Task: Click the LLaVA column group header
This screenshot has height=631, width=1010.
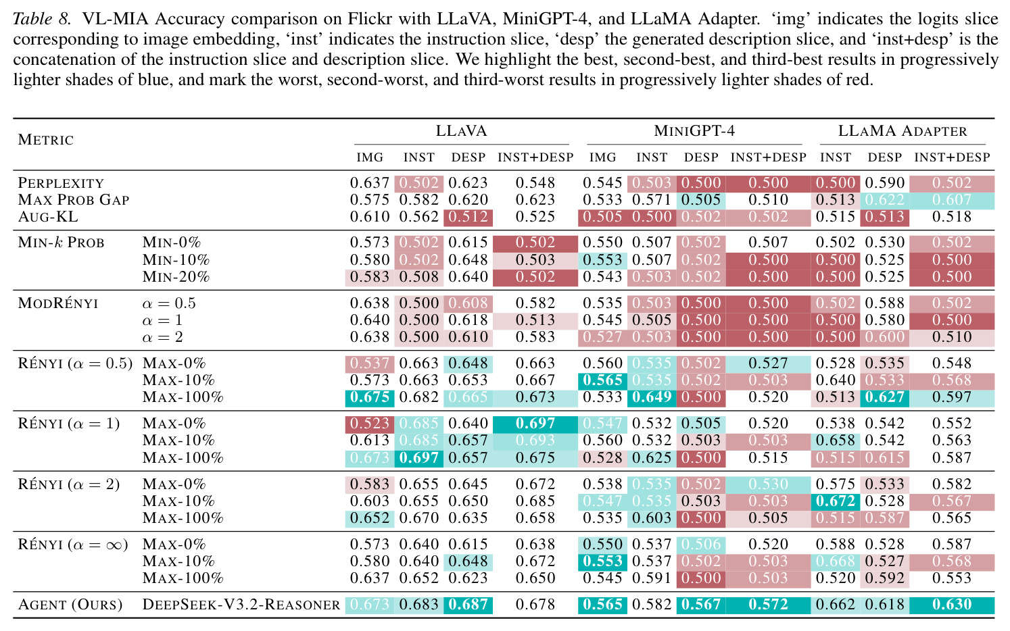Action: [461, 131]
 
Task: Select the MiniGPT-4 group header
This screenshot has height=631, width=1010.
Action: [694, 131]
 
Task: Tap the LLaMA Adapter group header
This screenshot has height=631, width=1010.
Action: [903, 131]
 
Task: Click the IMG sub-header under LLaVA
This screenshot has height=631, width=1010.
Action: [370, 157]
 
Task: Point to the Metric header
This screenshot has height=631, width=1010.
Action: [45, 140]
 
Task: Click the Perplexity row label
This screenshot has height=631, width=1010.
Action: [61, 183]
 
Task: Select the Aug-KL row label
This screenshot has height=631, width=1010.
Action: [48, 217]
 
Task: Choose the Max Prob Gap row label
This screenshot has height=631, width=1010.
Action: [74, 200]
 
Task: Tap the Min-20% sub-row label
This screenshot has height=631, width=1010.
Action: [176, 277]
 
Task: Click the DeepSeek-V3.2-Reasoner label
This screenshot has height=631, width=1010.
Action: [241, 605]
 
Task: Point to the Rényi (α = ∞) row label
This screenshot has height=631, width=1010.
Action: [73, 545]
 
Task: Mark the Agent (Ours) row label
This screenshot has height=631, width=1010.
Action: [70, 605]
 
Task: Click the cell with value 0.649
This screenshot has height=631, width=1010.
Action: [652, 397]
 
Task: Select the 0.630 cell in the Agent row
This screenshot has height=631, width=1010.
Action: [952, 605]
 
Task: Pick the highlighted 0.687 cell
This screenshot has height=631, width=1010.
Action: [468, 605]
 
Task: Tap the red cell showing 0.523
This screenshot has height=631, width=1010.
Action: [370, 424]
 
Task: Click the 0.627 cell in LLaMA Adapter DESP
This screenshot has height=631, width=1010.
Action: [885, 397]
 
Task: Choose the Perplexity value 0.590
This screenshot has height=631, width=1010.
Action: [885, 183]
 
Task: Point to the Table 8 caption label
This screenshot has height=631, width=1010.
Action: [42, 19]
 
